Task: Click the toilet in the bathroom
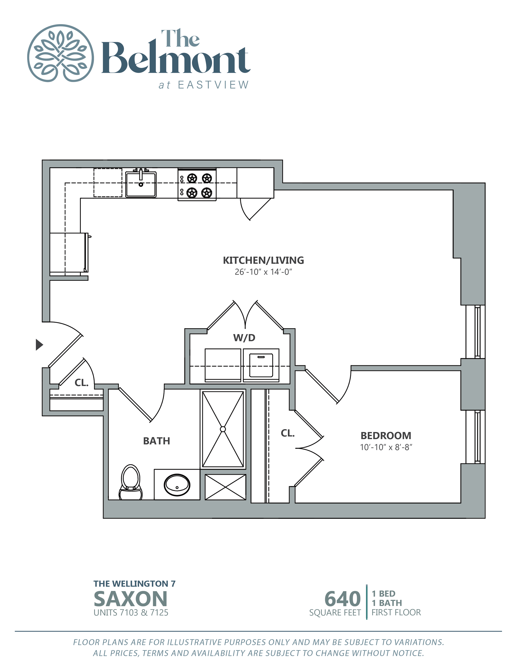point(131,482)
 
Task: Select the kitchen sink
point(141,184)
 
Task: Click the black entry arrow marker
point(39,345)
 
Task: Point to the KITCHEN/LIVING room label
point(263,260)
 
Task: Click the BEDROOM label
point(386,436)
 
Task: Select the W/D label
point(244,338)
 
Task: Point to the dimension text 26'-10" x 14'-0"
point(263,272)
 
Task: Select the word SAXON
point(131,599)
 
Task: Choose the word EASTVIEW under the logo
point(213,85)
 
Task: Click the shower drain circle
point(223,429)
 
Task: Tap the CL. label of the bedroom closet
point(288,433)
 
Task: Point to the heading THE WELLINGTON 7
point(134,584)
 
